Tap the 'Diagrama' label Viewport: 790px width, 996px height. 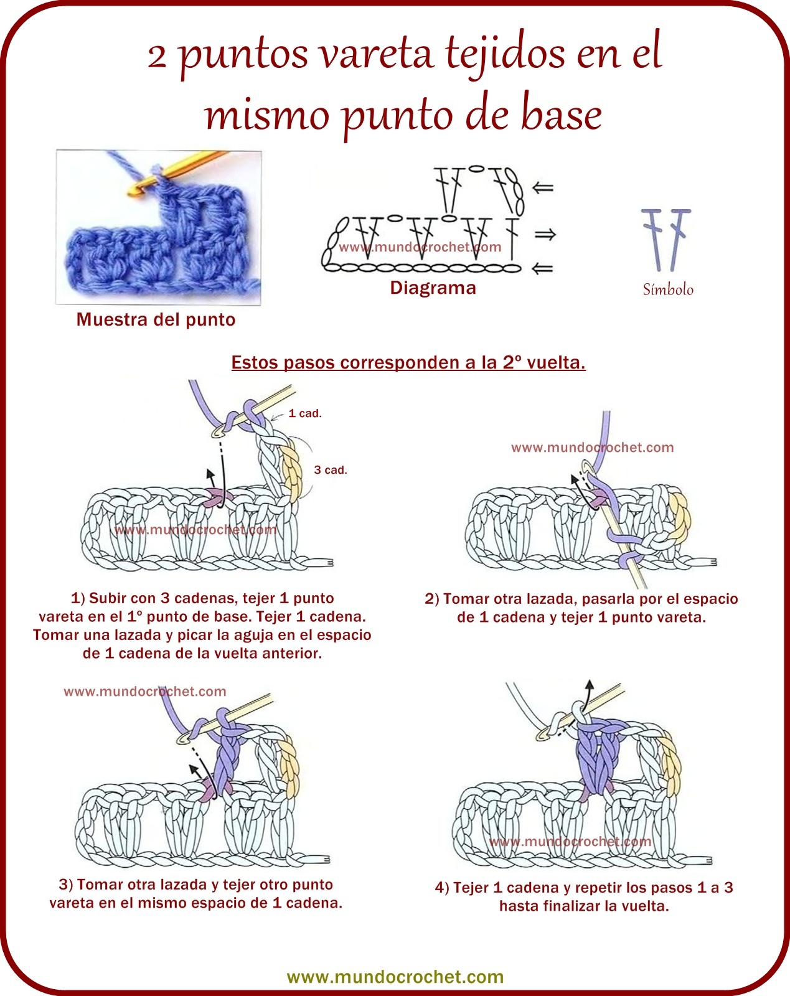coord(433,288)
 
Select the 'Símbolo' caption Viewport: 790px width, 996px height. coord(668,289)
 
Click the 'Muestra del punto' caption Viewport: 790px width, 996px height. coord(156,319)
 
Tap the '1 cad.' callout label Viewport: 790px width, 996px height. coord(305,413)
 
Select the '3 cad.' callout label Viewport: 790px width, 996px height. coord(331,470)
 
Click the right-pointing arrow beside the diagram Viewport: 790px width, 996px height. coord(545,235)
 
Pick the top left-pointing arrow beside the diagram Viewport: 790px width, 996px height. coord(543,187)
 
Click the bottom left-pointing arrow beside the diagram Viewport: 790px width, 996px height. coord(543,268)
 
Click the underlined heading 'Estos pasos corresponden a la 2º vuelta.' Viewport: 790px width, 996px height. coord(408,362)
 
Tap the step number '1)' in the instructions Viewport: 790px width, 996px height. coord(78,598)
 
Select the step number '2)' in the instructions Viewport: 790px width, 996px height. coord(432,599)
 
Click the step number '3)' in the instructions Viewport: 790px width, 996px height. coord(66,885)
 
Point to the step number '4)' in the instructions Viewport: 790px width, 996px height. coord(442,888)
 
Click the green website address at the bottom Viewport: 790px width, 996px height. coord(395,977)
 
